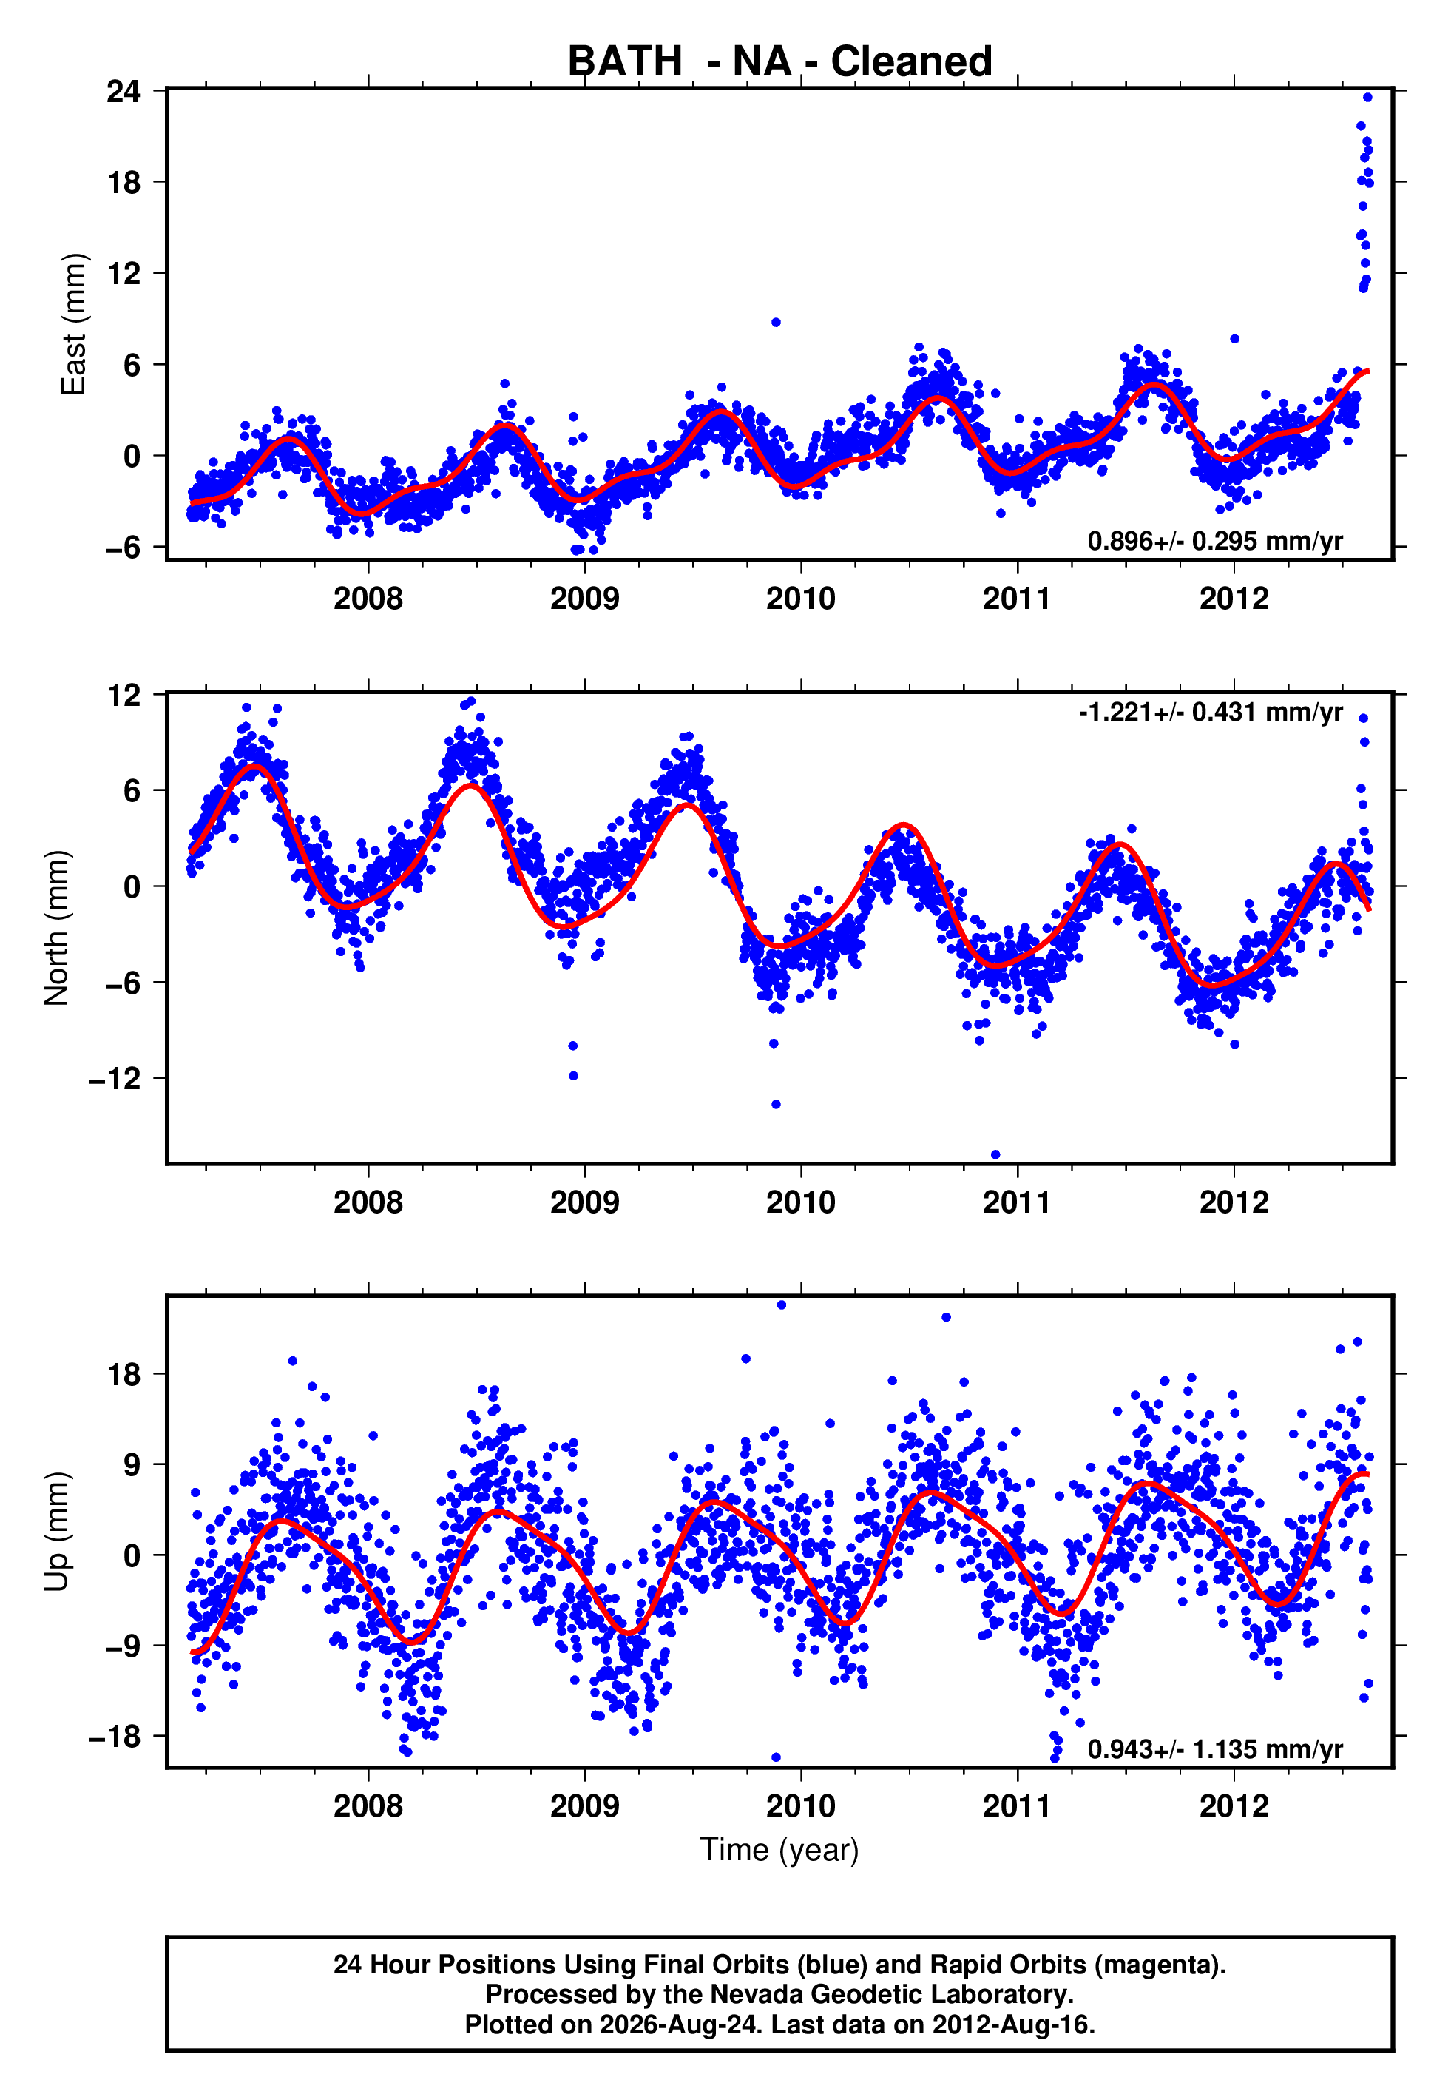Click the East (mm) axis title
72,324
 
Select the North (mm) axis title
56,928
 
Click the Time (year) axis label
779,1851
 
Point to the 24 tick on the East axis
124,91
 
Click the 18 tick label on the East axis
124,182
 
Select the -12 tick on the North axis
115,1079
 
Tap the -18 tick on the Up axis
115,1735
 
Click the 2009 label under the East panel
584,599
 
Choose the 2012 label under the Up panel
1234,1806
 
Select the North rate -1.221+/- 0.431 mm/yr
1210,712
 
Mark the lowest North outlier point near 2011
995,1155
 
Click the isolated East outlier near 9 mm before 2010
776,323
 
